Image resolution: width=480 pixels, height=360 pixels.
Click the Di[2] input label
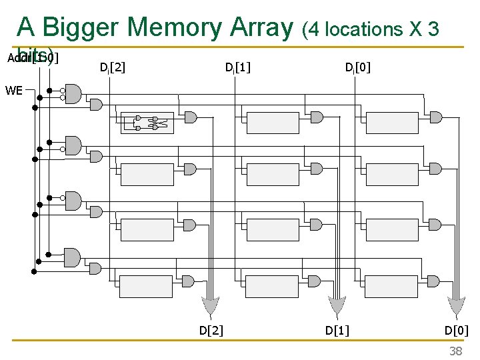point(112,67)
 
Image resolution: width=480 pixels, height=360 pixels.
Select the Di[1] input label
point(237,67)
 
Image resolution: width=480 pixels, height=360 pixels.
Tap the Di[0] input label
point(358,67)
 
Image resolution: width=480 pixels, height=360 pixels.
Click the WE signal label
point(13,90)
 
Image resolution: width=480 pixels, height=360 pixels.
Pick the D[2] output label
point(211,329)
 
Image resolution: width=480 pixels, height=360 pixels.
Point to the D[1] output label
point(337,329)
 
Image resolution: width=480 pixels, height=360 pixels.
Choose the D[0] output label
point(457,329)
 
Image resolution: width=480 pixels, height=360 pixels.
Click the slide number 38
point(455,351)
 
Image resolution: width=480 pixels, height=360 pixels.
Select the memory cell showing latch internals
point(147,122)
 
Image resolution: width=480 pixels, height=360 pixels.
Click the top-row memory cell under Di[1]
point(272,122)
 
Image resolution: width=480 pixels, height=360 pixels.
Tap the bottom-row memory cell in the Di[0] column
point(392,285)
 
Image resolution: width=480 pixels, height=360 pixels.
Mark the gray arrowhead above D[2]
point(211,307)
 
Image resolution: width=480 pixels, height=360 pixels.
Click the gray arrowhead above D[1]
point(336,307)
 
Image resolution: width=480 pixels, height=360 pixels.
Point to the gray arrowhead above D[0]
point(457,307)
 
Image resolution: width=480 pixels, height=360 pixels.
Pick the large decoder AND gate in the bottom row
point(72,257)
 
